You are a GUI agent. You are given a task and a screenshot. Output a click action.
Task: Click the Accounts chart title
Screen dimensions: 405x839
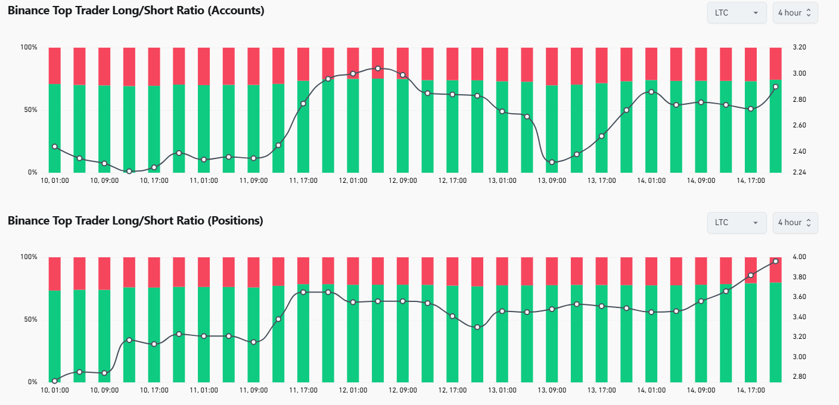136,11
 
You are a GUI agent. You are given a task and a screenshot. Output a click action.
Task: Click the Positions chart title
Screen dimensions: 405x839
135,221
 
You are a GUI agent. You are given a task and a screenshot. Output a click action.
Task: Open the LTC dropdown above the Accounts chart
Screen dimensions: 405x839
736,13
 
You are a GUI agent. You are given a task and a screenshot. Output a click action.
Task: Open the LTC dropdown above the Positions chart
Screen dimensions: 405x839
736,222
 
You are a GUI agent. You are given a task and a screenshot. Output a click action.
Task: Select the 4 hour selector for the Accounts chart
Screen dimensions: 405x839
795,13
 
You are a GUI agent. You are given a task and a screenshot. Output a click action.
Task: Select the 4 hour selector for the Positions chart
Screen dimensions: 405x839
795,222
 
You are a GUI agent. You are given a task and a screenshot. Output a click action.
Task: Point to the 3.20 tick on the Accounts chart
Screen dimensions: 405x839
800,48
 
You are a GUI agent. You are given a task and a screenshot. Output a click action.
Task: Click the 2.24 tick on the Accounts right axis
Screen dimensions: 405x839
800,173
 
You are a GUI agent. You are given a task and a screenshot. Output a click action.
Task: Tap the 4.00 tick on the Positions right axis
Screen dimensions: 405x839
800,257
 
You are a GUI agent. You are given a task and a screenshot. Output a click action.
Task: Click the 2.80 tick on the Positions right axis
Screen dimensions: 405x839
800,377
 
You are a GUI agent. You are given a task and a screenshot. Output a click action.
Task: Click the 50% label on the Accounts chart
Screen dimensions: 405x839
29,110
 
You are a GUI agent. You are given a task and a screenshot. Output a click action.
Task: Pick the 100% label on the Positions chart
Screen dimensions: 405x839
28,257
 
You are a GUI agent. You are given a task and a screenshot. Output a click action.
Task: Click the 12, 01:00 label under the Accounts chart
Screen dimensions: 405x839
353,180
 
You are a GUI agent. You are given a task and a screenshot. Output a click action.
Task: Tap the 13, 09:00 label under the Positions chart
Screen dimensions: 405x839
552,390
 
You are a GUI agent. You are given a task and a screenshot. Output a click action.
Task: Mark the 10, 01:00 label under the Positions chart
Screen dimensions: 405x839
55,390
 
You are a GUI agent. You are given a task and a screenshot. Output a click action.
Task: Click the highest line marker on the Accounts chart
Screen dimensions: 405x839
378,68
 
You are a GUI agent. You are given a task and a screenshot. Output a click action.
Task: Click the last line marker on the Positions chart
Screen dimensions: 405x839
775,261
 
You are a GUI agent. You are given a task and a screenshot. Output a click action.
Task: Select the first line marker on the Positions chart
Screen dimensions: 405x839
55,381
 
